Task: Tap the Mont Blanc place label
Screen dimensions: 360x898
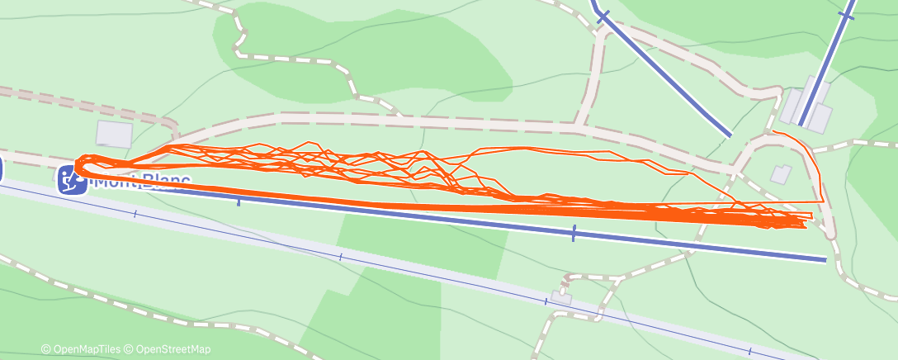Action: [x=140, y=181]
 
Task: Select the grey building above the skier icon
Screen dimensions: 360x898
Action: [x=114, y=135]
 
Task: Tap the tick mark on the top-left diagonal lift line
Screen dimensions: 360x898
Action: [x=603, y=16]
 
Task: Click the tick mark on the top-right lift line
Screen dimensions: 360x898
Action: [x=846, y=15]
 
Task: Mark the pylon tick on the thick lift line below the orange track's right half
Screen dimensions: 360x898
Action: [x=574, y=234]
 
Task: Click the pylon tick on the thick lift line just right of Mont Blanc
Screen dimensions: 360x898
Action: [x=239, y=201]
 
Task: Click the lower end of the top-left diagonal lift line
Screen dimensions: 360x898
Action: [x=730, y=135]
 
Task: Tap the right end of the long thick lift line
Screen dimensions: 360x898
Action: [x=825, y=260]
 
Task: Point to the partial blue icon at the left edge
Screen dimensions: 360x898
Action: [x=2, y=170]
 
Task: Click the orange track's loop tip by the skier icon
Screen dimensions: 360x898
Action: [x=76, y=165]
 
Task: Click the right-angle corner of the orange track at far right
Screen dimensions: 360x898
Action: [x=823, y=201]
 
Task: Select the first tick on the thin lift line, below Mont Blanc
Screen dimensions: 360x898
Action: [x=135, y=214]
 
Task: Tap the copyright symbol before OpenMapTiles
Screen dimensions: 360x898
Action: [x=46, y=349]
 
